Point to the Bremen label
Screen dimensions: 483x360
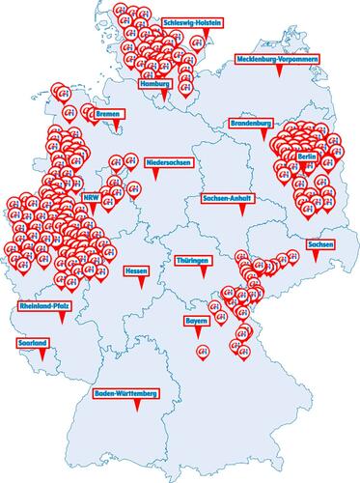point(107,113)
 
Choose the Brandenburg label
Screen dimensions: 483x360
point(252,124)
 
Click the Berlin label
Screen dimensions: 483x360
point(308,156)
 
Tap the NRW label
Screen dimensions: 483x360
point(92,197)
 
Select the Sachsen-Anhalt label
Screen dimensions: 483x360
point(229,198)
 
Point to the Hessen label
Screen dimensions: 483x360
point(135,272)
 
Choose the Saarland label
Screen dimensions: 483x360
point(31,342)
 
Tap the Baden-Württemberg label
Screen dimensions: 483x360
point(125,394)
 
